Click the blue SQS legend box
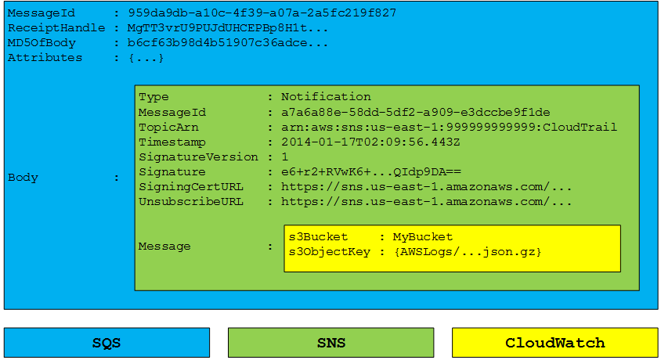coord(107,342)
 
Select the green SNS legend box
coord(331,342)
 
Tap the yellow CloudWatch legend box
coord(554,342)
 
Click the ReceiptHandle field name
coord(56,28)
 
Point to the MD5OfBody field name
coord(42,43)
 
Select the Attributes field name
coord(45,58)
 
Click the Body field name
coord(23,178)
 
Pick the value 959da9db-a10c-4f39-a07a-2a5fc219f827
coord(262,13)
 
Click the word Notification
coord(326,97)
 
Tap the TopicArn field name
coord(168,127)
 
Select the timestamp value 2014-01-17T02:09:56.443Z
coord(370,142)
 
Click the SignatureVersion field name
coord(199,157)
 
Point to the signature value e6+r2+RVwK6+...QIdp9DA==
coord(371,172)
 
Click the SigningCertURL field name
coord(191,187)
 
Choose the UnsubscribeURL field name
coord(191,202)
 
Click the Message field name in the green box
coord(164,247)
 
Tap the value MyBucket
coord(422,236)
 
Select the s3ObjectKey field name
coord(330,252)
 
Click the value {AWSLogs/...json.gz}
coord(467,252)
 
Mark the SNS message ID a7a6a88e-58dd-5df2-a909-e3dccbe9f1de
coord(416,113)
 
